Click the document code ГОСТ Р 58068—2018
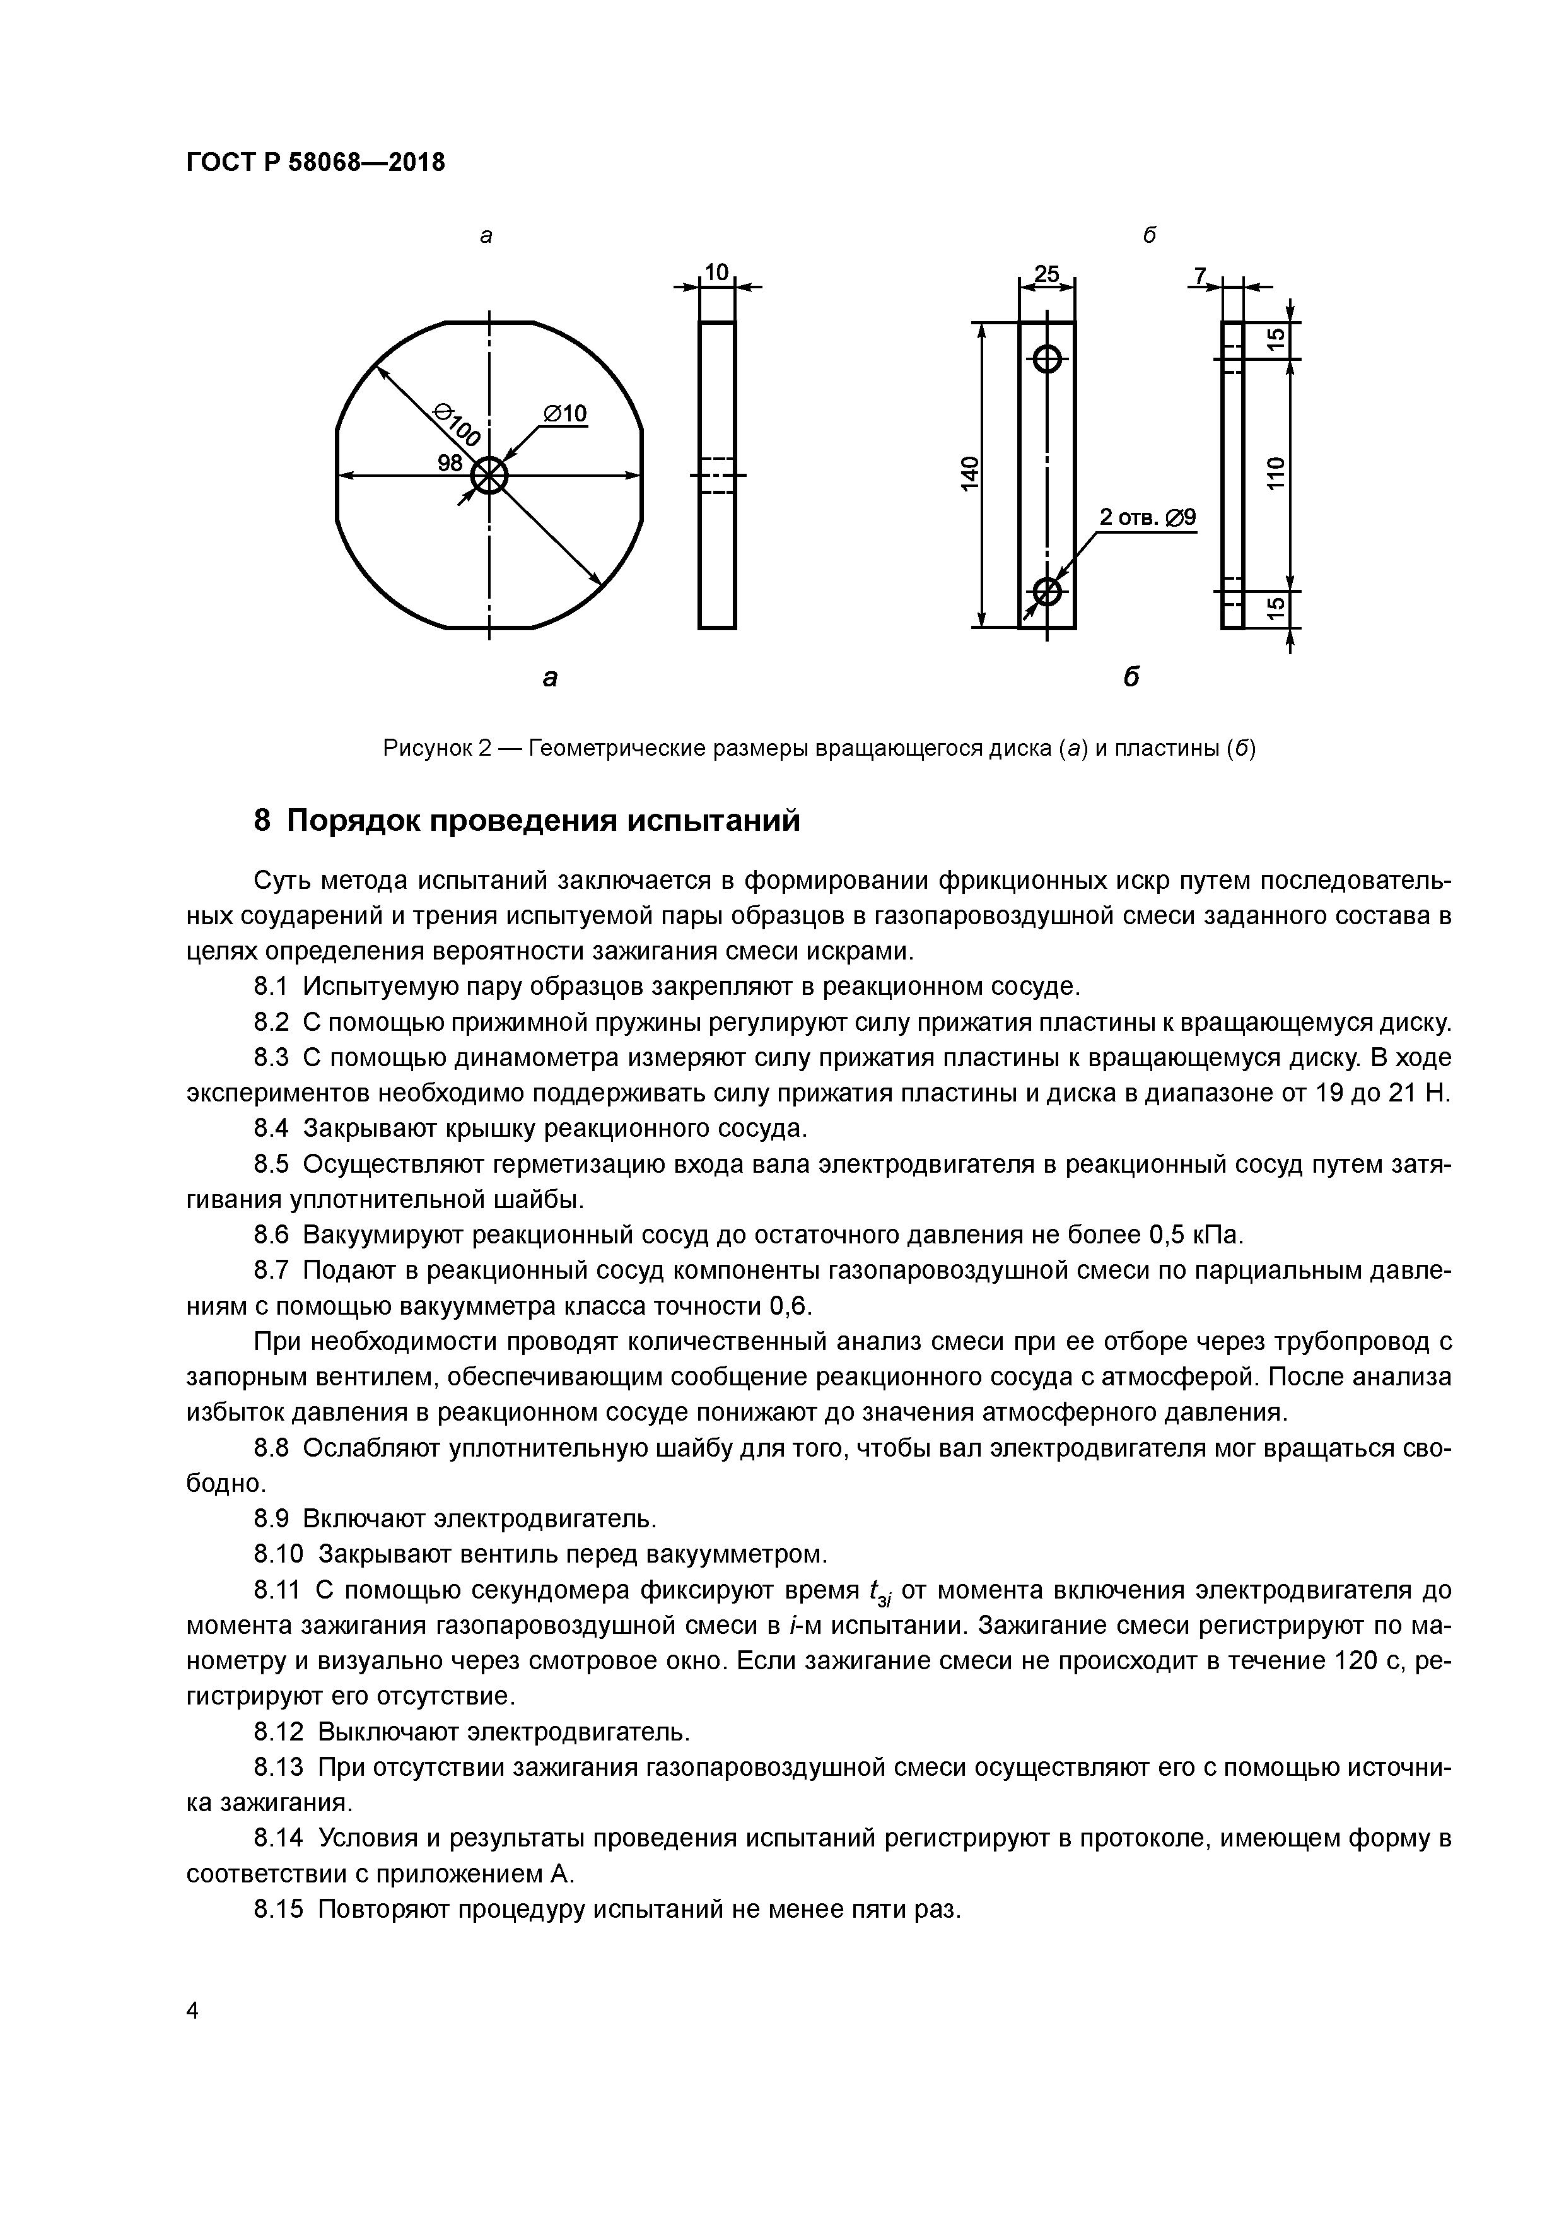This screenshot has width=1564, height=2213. click(x=315, y=163)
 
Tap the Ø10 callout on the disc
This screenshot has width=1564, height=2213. click(x=564, y=413)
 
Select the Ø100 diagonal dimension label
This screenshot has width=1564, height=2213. click(x=458, y=426)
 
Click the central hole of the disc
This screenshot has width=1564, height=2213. click(x=489, y=475)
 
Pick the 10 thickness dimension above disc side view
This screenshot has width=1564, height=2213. click(x=717, y=273)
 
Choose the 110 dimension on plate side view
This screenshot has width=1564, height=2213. click(x=1276, y=474)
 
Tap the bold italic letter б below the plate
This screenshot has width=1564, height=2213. click(x=1132, y=677)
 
